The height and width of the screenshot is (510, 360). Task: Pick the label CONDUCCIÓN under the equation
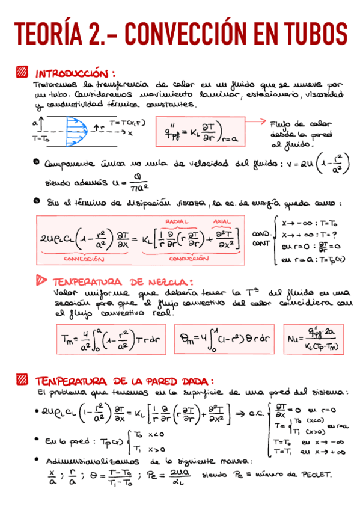[188, 259]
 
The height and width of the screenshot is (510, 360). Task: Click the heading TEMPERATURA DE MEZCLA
[123, 281]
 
